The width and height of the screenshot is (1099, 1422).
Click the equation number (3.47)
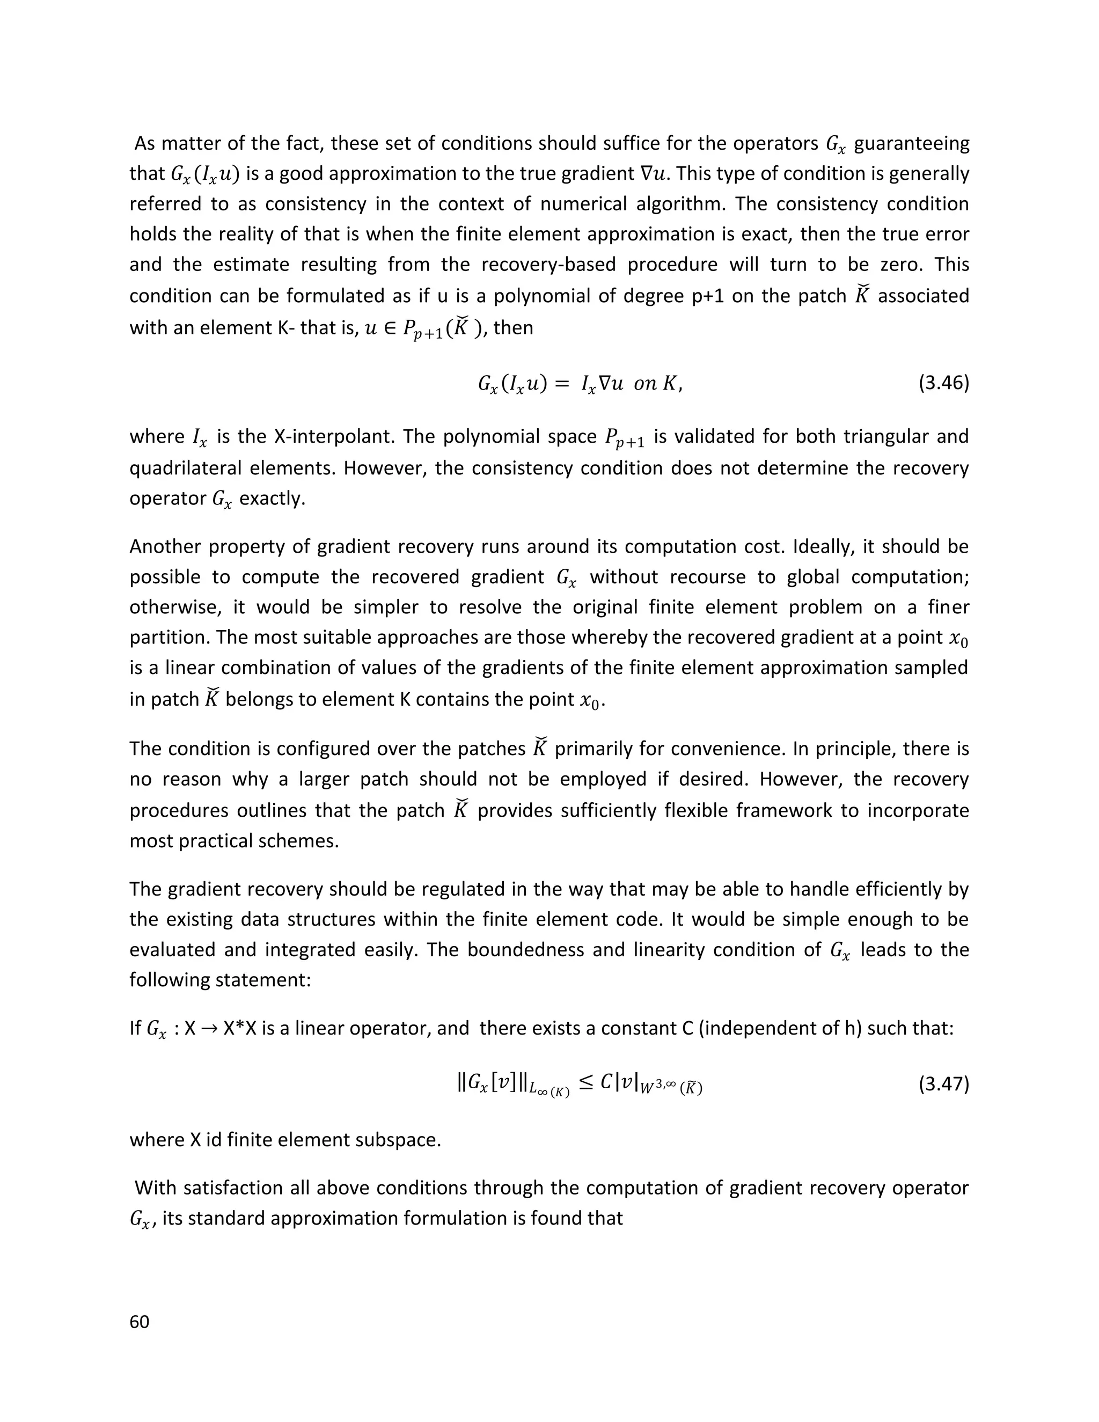pyautogui.click(x=943, y=1084)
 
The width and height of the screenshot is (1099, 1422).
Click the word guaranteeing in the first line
pyautogui.click(x=912, y=143)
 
